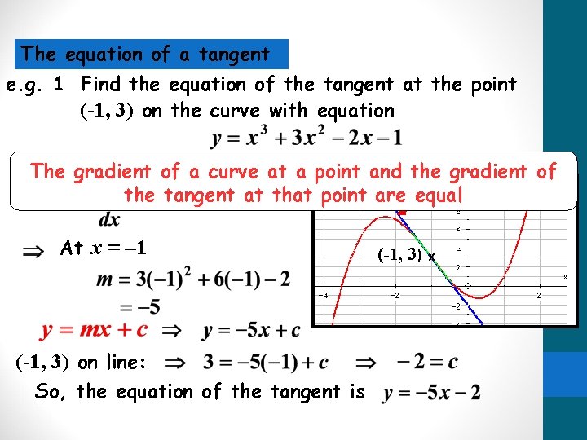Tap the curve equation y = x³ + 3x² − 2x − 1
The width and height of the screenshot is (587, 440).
pyautogui.click(x=306, y=138)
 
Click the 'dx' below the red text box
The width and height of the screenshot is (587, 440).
pyautogui.click(x=108, y=219)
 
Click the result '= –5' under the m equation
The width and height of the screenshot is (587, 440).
pyautogui.click(x=139, y=306)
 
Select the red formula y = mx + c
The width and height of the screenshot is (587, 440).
pyautogui.click(x=95, y=331)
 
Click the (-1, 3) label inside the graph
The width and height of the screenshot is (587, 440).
pyautogui.click(x=401, y=254)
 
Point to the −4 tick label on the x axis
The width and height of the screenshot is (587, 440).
pyautogui.click(x=323, y=295)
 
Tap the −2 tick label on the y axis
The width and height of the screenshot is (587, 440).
pyautogui.click(x=457, y=307)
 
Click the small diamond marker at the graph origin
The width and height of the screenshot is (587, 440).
pyautogui.click(x=467, y=286)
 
